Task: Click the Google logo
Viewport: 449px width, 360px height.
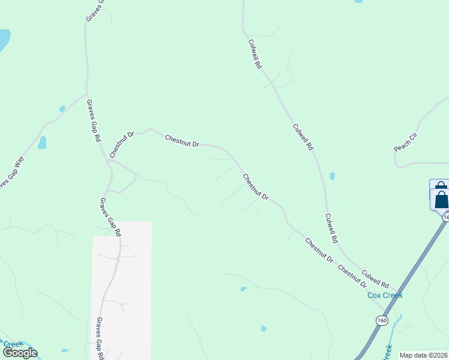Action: click(x=20, y=353)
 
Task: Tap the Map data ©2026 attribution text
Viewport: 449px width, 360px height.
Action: click(x=424, y=355)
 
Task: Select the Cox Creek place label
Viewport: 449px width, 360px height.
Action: click(x=385, y=295)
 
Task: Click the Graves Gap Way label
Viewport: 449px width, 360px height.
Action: click(x=11, y=174)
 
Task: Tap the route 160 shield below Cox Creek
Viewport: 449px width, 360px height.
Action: click(x=382, y=320)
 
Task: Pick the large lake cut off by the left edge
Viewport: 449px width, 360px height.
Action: click(x=4, y=40)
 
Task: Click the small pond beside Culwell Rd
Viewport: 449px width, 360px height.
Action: click(x=332, y=176)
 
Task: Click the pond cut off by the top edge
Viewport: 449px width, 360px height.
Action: click(x=358, y=2)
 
